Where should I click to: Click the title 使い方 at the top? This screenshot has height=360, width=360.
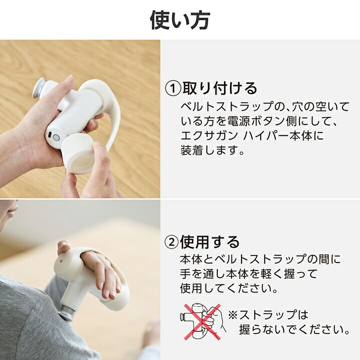[x=180, y=20]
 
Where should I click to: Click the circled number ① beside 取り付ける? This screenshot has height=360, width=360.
[x=172, y=89]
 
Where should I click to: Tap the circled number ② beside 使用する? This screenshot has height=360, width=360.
[x=171, y=242]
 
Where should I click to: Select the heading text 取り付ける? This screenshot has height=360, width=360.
[x=219, y=88]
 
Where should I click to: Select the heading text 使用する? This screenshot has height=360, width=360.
[x=210, y=242]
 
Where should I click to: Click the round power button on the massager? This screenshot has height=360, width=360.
[x=56, y=137]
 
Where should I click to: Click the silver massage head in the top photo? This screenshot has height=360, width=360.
[x=39, y=88]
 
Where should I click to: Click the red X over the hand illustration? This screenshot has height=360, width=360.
[x=202, y=322]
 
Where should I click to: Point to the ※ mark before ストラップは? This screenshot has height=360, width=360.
[x=233, y=315]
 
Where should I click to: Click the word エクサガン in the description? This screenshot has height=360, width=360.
[x=209, y=135]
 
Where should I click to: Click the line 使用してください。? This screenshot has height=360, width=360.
[x=229, y=288]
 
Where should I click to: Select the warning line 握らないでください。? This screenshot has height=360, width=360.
[x=294, y=329]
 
